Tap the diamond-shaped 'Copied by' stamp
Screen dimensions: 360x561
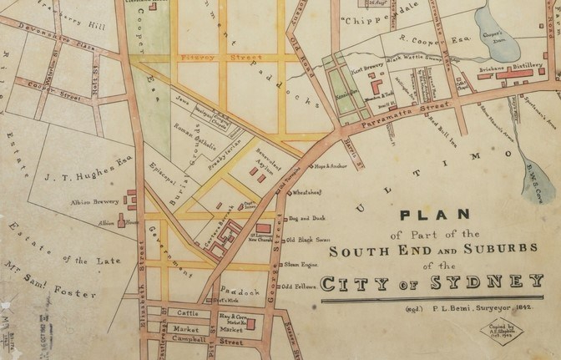pyautogui.click(x=497, y=331)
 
